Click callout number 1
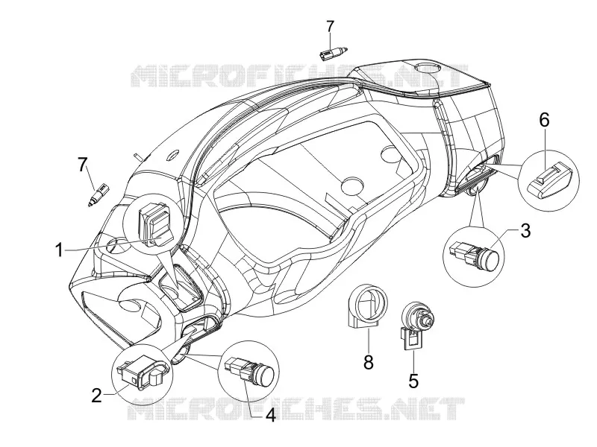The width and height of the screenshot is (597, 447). tap(59, 251)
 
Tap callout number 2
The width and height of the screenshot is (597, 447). tap(97, 396)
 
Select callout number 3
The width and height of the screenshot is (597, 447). tap(525, 231)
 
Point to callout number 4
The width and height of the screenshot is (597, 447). tap(270, 415)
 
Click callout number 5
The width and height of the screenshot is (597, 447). tap(413, 381)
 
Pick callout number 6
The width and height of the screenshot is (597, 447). tap(545, 120)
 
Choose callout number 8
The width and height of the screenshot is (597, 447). tap(368, 362)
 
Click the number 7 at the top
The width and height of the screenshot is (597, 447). tap(330, 27)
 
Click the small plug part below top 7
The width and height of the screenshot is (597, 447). tap(334, 53)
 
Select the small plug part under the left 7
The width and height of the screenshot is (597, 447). tap(99, 194)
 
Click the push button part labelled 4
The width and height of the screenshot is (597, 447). tap(249, 368)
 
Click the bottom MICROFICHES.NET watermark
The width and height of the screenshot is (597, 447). tap(296, 408)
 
